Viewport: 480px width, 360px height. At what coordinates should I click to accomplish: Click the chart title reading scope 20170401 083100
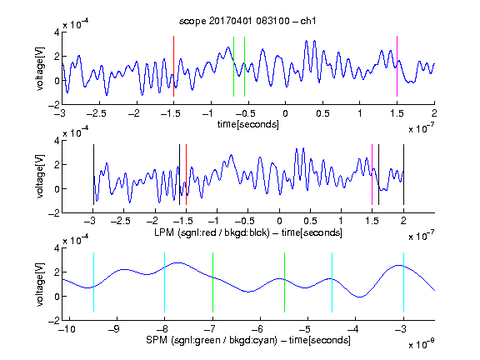coord(247,21)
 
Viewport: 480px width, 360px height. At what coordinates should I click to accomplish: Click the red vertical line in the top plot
coord(173,66)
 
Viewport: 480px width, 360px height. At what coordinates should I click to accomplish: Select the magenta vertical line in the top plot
coord(397,66)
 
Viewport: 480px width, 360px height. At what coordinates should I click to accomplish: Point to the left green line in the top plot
coord(233,67)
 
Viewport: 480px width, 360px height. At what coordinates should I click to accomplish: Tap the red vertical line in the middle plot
coord(186,174)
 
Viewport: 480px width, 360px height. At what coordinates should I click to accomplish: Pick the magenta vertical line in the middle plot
coord(372,174)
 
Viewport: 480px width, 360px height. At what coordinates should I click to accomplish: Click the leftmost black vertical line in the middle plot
coord(93,174)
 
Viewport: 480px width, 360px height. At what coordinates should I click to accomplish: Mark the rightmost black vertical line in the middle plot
coord(403,174)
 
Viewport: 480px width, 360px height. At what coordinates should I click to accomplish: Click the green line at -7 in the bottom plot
coord(212,282)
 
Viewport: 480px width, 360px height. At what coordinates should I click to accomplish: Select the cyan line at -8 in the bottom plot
coord(165,282)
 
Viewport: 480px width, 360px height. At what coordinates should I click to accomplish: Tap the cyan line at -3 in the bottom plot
coord(403,282)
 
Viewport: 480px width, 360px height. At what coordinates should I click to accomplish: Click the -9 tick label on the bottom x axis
coord(114,329)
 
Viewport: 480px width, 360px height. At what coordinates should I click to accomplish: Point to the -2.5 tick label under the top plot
coord(96,113)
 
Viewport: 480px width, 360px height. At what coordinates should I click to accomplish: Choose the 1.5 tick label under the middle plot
coord(372,221)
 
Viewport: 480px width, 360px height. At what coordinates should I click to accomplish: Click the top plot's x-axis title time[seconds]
coord(248,124)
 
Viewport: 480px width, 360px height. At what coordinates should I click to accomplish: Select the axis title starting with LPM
coord(248,232)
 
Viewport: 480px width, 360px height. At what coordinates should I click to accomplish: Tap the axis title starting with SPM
coord(248,340)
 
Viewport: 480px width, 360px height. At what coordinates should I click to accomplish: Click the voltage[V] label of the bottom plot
coord(40,284)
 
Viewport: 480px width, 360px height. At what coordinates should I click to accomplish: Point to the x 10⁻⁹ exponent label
coord(421,344)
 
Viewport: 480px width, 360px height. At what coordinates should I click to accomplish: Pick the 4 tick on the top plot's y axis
coord(57,32)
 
